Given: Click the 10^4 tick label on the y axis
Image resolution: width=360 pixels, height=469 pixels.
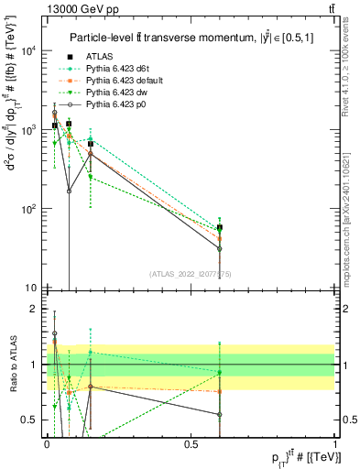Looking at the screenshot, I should pyautogui.click(x=27, y=50).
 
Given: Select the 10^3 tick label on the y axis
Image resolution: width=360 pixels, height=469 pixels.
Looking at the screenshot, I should pyautogui.click(x=27, y=130).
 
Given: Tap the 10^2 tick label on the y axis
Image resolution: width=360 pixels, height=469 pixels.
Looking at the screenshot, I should pyautogui.click(x=27, y=209).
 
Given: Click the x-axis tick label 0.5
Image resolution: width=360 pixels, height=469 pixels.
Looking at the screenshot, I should pyautogui.click(x=191, y=443).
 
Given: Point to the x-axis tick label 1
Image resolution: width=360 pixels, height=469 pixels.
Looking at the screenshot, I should pyautogui.click(x=335, y=443).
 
